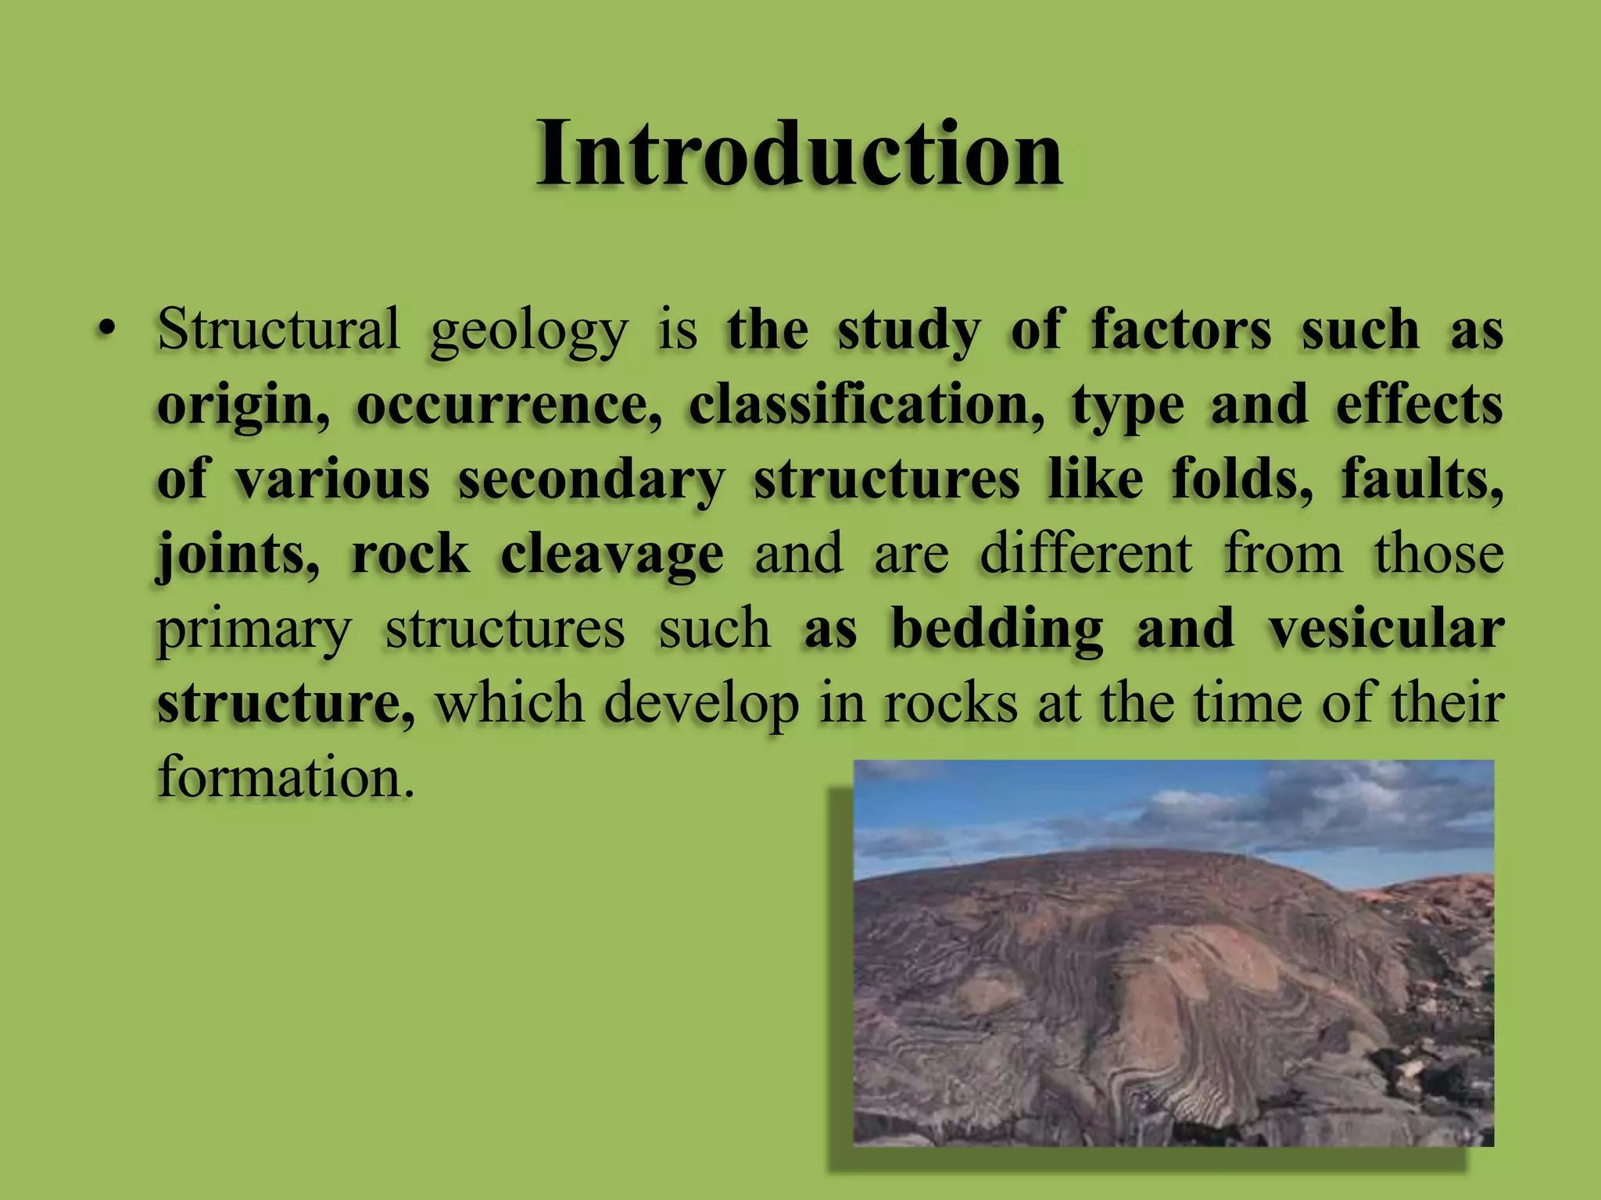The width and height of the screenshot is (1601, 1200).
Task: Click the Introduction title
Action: [799, 154]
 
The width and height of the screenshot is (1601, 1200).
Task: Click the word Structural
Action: [278, 329]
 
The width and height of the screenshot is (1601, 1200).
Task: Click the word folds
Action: [1242, 478]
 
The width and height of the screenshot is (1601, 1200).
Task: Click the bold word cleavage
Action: [612, 555]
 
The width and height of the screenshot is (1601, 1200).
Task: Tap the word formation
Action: [285, 778]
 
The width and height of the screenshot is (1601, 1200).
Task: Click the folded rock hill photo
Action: [1173, 953]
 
